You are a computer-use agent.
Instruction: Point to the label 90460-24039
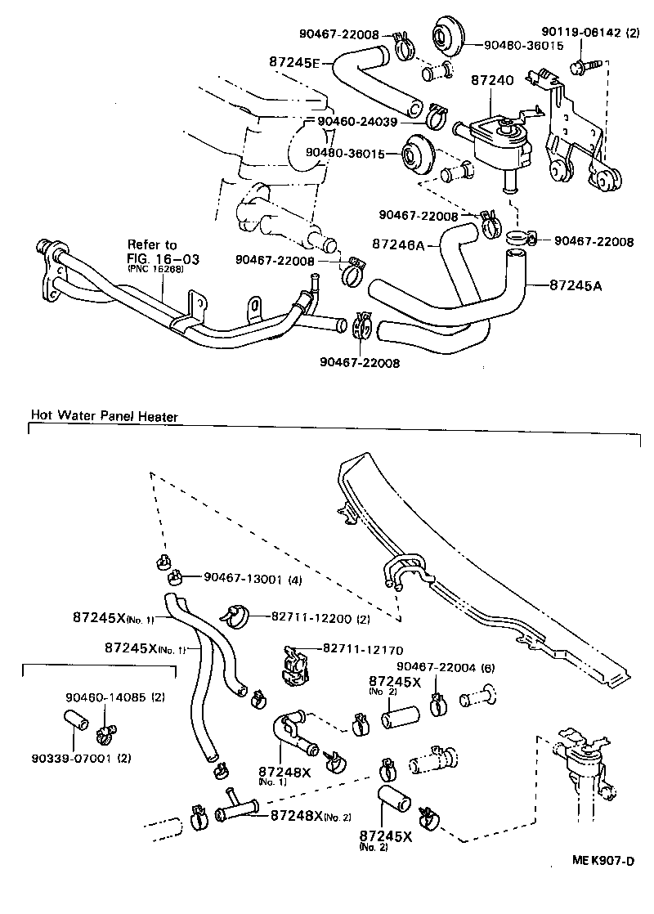(356, 121)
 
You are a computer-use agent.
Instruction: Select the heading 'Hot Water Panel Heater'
(104, 416)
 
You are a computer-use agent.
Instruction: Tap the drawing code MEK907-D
(602, 861)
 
